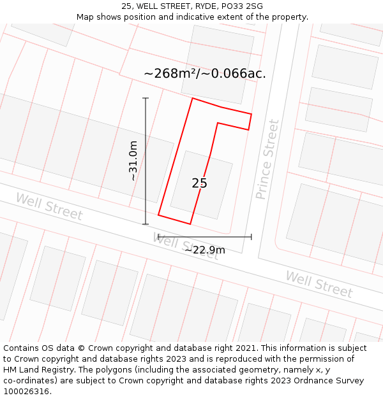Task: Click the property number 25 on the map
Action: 199,183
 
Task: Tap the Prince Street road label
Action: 267,160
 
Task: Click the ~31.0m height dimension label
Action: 133,161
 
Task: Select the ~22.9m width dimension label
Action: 204,250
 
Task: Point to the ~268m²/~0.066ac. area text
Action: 204,74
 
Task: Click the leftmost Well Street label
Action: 49,207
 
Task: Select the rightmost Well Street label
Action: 319,285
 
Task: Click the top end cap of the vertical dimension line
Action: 146,98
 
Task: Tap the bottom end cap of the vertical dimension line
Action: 146,224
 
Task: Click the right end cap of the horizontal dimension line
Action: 252,236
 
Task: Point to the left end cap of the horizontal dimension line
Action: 158,236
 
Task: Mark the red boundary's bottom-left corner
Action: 159,215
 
